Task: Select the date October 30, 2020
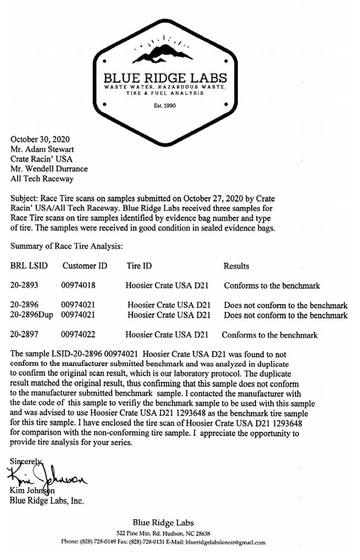40,139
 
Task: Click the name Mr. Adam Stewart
43,149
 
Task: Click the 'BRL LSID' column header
29,266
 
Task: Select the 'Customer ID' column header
85,266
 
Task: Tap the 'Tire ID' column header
139,266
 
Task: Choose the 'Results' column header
236,266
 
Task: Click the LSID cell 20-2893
25,286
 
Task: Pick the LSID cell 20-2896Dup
31,315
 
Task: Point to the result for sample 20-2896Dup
286,315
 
